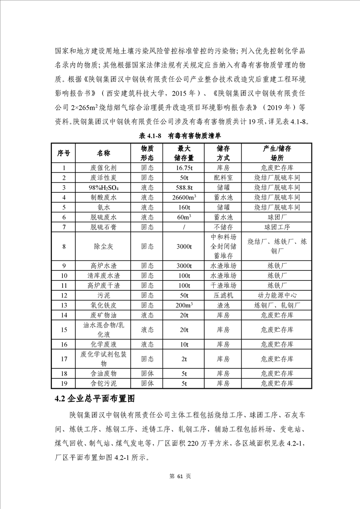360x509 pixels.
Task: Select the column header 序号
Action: coord(64,153)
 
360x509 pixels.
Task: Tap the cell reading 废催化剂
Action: coord(104,168)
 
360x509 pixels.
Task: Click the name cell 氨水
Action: coord(104,207)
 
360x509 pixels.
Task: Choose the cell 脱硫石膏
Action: coord(104,227)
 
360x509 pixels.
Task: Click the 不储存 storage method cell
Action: coord(223,227)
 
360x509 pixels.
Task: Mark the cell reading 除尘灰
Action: coord(104,246)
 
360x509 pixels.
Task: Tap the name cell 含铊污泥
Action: coord(104,384)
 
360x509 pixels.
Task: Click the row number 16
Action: coord(64,345)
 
